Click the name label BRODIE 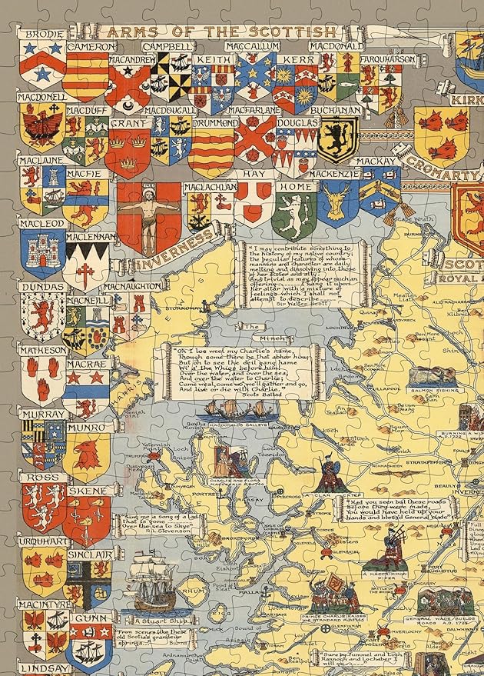point(43,35)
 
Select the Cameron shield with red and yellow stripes point(86,75)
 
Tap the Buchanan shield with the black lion point(338,138)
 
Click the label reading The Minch point(252,327)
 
